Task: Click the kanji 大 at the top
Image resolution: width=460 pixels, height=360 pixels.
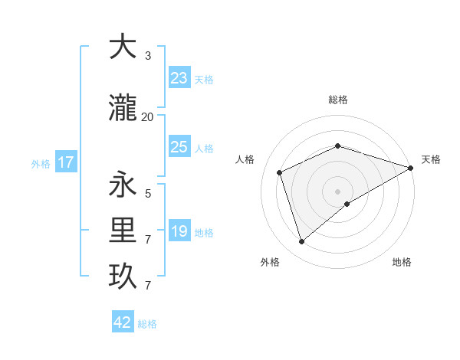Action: (123, 47)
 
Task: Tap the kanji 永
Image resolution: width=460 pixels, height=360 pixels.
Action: (123, 185)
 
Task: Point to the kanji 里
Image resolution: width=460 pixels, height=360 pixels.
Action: (123, 229)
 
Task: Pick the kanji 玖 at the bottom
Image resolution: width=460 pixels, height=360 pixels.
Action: (123, 276)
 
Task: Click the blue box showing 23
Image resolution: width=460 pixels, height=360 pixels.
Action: (179, 77)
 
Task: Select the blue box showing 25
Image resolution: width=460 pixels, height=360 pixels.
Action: (179, 146)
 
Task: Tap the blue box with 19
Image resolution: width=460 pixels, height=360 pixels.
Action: (179, 231)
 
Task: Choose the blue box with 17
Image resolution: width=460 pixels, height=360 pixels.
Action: (65, 162)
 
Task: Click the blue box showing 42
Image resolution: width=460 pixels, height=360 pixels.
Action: (123, 322)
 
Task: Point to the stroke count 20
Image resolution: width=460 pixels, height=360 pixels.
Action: (147, 117)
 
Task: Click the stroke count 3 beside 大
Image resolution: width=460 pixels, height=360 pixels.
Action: (147, 56)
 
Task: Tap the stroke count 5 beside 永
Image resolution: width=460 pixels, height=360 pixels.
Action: (147, 194)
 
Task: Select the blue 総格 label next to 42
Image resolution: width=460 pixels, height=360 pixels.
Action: (147, 324)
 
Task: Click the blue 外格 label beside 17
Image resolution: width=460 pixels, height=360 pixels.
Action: (40, 163)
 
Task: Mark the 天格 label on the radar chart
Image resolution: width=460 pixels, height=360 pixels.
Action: (431, 159)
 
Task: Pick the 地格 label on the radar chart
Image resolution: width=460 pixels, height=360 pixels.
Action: (402, 262)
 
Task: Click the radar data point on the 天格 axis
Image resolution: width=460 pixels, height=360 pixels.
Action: (411, 168)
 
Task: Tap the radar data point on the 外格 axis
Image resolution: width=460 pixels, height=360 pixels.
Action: (301, 242)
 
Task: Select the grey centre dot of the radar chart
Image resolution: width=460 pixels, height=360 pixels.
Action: (338, 191)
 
